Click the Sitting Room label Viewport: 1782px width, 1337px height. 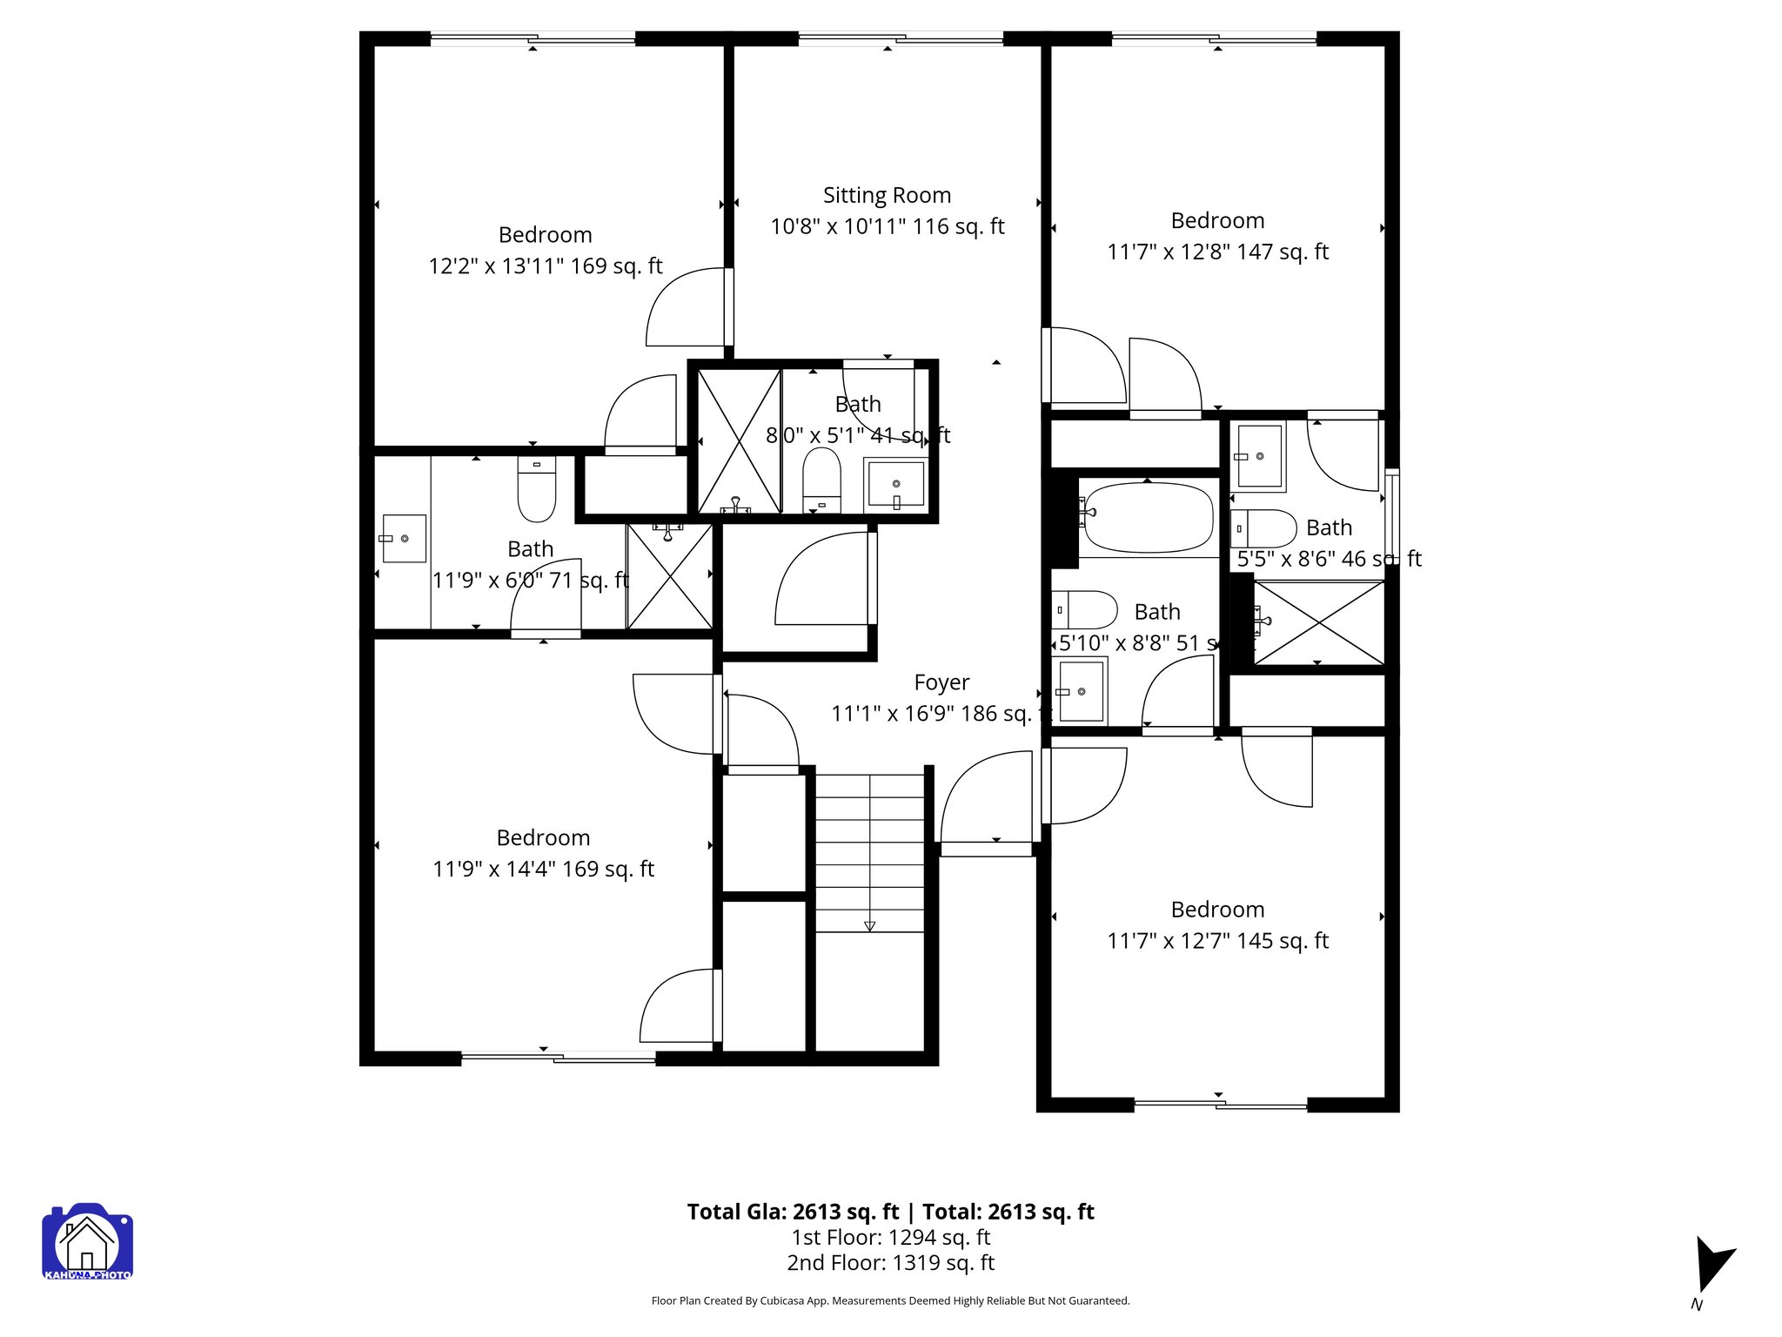(887, 196)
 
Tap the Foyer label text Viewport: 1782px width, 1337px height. (941, 682)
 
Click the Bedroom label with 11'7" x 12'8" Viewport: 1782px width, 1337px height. (1216, 221)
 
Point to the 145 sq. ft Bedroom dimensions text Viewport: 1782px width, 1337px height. (1216, 941)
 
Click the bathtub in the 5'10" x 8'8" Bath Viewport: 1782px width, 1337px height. (1148, 518)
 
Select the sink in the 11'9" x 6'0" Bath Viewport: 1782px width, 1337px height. (405, 539)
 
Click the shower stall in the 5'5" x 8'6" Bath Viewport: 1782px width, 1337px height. (1318, 622)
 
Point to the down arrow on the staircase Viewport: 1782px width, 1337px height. (869, 926)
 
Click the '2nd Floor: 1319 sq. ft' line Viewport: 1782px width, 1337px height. (890, 1263)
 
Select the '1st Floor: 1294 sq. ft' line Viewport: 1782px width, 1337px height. (890, 1237)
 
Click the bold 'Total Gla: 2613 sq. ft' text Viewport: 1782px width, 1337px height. (792, 1212)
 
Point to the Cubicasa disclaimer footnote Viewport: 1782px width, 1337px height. (890, 1300)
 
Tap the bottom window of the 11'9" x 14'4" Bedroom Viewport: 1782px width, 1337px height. (558, 1058)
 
